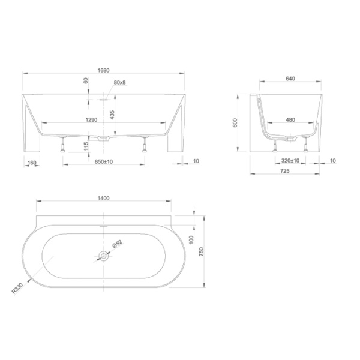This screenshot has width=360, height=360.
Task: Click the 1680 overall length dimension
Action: (104, 70)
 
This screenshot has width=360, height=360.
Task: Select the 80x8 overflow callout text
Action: (119, 82)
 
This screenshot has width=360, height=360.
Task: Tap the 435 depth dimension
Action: (112, 115)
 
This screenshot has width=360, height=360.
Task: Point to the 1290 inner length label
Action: (91, 120)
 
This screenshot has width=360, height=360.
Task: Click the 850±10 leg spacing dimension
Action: (104, 161)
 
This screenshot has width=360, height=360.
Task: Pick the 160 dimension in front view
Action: (32, 163)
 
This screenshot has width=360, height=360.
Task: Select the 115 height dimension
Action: (86, 146)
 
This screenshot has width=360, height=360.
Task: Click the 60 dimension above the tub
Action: (85, 80)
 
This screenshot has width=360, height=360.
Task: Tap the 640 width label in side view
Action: (290, 79)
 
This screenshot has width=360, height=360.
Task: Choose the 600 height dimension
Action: (235, 123)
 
